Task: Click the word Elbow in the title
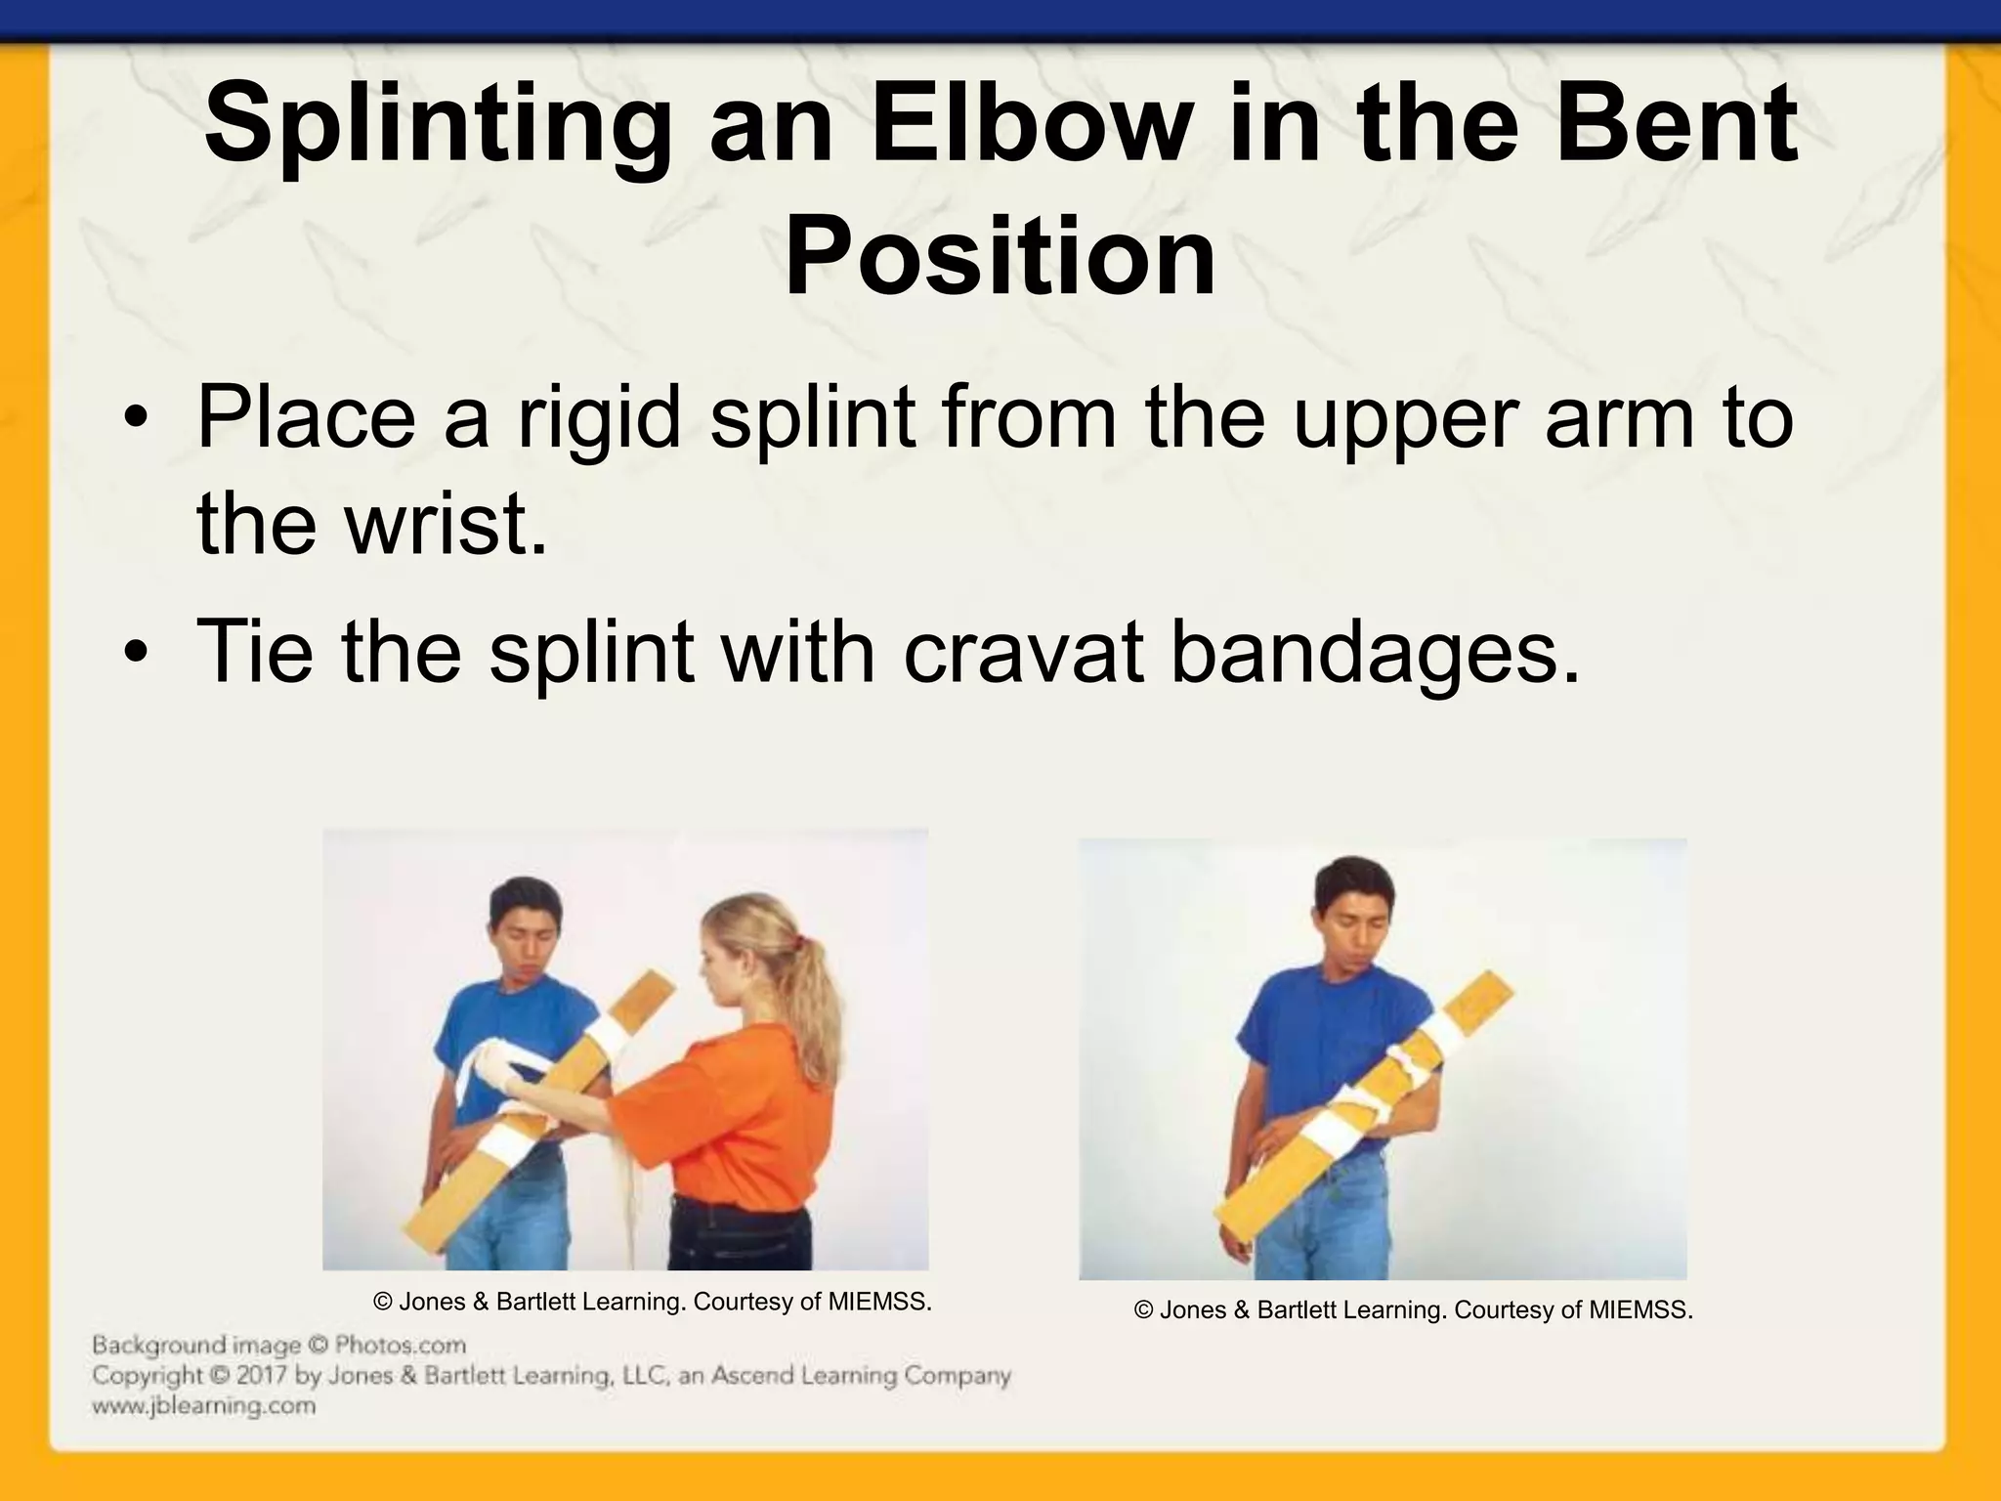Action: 1032,127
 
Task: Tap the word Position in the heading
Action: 1000,256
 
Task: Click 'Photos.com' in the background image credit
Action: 400,1346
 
